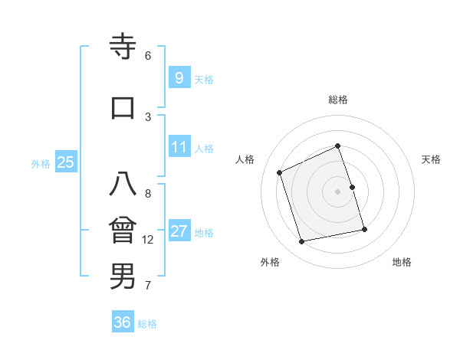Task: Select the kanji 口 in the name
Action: [123, 107]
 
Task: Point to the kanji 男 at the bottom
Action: [123, 276]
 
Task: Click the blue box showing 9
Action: [179, 77]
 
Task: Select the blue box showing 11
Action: [179, 147]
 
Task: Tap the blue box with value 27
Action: [179, 231]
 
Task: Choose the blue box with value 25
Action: [65, 162]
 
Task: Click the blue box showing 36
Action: [122, 322]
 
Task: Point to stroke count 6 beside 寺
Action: [148, 56]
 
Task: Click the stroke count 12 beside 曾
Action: [148, 240]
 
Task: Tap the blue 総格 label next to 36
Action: [147, 324]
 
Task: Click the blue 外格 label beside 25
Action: [41, 163]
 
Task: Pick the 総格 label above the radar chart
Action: [338, 100]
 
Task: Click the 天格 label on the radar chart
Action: [431, 159]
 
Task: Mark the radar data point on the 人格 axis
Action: [280, 172]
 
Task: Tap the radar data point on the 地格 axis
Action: [364, 229]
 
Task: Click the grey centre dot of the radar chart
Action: [338, 191]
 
